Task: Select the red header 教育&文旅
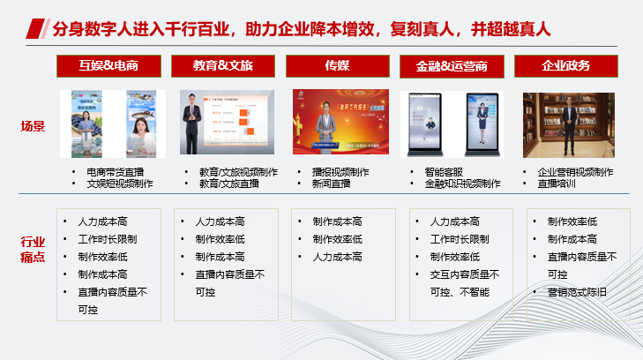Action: coord(223,66)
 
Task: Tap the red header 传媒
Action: coord(337,66)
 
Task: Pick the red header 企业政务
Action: coord(565,66)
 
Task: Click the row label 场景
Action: coord(33,126)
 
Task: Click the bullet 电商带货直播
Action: coord(115,172)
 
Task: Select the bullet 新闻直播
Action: coord(331,184)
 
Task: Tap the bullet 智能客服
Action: coord(443,172)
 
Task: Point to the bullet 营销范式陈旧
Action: coord(577,291)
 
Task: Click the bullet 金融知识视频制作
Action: coord(462,184)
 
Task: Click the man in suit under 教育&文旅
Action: coord(191,126)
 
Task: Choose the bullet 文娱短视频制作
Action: coord(119,184)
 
